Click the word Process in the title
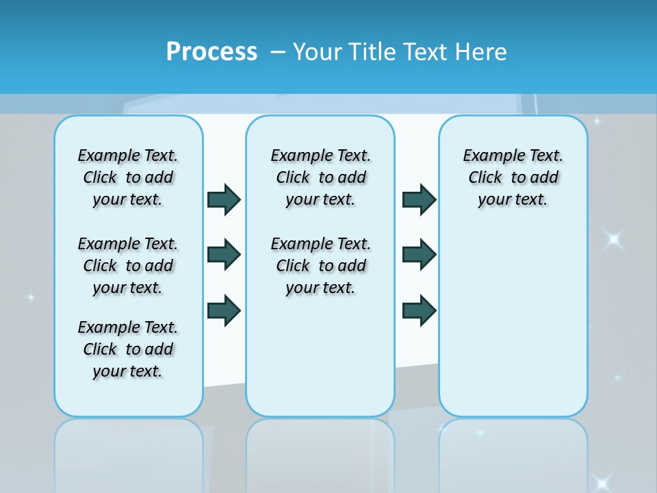(x=211, y=51)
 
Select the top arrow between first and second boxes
(x=224, y=199)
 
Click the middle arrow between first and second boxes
(x=224, y=255)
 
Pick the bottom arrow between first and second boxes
(x=224, y=310)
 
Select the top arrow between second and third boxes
(x=419, y=199)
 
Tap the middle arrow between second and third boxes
(x=419, y=255)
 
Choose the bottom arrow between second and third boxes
(x=419, y=310)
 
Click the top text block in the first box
(x=128, y=177)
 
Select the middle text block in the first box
(x=128, y=266)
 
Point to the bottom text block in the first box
(x=128, y=349)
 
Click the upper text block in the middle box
(x=320, y=177)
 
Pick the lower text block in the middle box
(x=320, y=266)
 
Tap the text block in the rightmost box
(x=513, y=177)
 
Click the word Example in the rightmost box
(x=488, y=155)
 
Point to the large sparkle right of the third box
(x=613, y=239)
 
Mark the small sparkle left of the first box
(x=30, y=297)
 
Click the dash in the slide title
(x=278, y=51)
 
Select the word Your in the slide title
(x=318, y=51)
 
